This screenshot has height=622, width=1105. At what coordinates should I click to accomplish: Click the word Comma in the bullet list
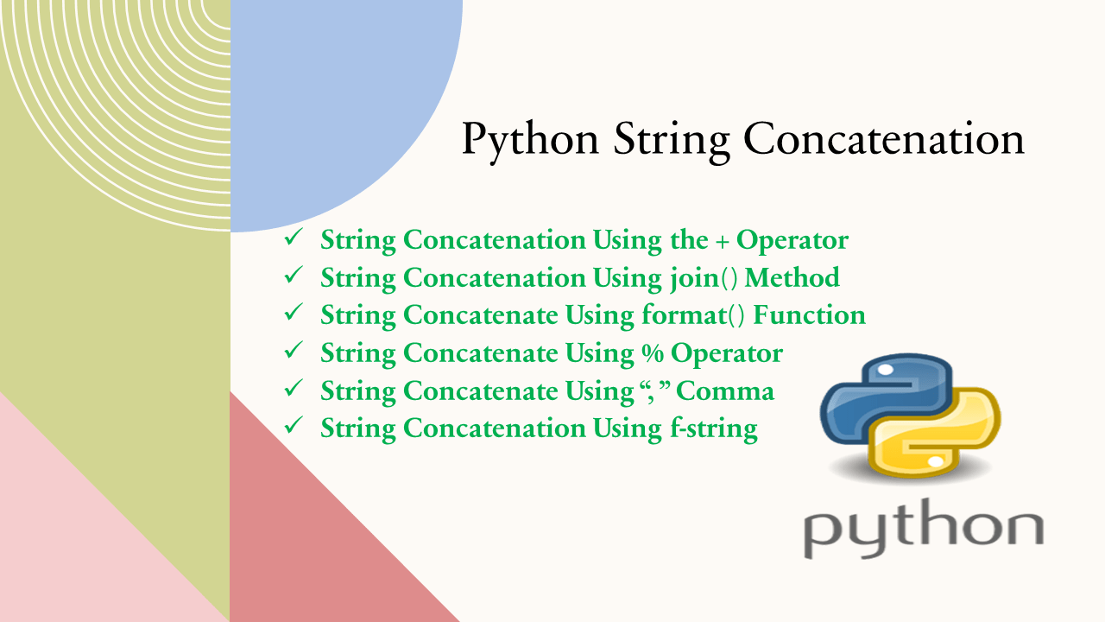(x=725, y=391)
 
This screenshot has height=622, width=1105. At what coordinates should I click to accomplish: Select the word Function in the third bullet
(x=809, y=315)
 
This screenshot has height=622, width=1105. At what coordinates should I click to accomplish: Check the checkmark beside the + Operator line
(x=294, y=239)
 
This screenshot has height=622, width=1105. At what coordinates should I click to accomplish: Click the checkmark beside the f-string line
(x=294, y=426)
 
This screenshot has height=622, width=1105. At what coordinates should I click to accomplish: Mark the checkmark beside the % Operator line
(x=294, y=352)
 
